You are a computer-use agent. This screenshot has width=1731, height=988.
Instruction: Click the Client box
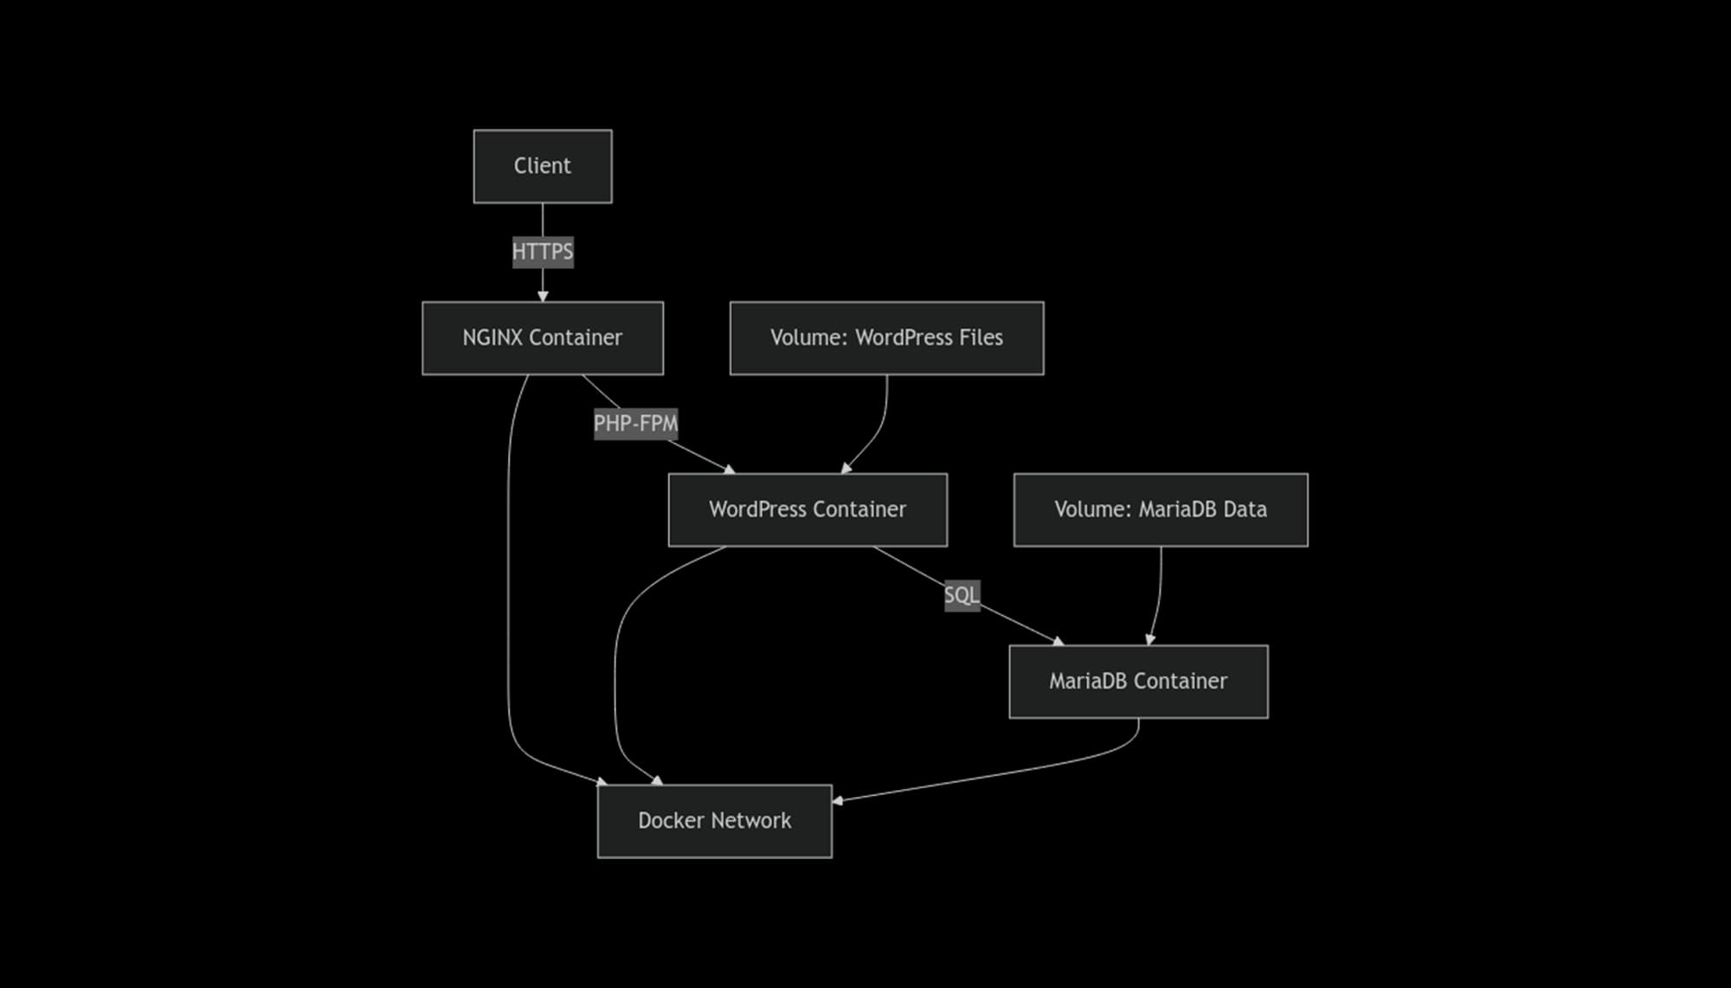[x=543, y=166]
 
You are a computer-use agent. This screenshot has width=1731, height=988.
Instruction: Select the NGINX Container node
[x=543, y=338]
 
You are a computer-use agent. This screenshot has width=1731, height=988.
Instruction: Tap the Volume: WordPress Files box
[x=886, y=338]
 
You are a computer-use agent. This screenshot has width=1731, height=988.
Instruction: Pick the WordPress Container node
[x=808, y=510]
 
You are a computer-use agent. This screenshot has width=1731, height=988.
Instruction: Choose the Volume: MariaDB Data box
[x=1161, y=510]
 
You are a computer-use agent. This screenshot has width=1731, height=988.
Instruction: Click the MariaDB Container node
[x=1138, y=682]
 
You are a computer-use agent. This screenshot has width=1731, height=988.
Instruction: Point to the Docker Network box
[x=714, y=821]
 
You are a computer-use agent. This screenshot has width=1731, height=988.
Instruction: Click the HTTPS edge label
[x=543, y=252]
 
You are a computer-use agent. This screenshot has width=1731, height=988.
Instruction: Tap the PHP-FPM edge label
[x=635, y=424]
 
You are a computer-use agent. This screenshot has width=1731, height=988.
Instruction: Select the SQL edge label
[x=962, y=595]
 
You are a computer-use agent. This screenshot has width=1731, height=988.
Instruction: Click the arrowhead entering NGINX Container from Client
[x=543, y=296]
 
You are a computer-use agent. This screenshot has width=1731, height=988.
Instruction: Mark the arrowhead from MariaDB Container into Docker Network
[x=838, y=800]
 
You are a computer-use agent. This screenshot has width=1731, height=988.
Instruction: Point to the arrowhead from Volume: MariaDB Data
[x=1150, y=639]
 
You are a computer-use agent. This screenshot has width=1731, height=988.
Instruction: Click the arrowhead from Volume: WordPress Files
[x=846, y=468]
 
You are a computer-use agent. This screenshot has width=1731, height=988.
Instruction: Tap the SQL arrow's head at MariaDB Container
[x=1058, y=641]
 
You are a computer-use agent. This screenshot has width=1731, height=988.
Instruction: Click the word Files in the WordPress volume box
[x=981, y=338]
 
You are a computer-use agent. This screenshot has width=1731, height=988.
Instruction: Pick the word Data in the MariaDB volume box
[x=1245, y=510]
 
